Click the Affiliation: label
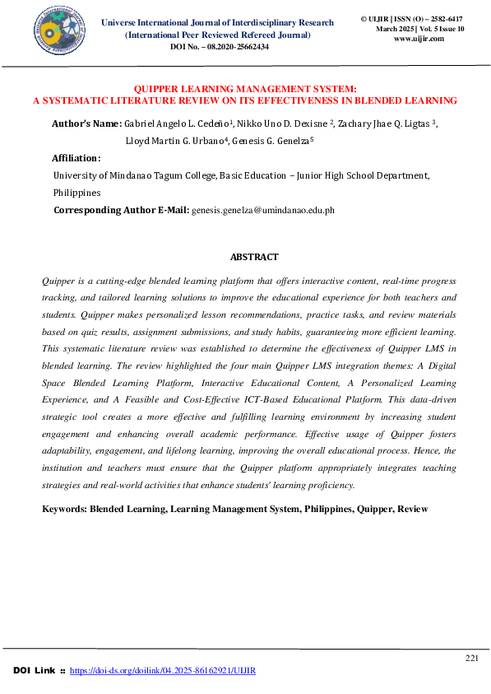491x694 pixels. (76, 158)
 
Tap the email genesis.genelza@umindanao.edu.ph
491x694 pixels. (262, 211)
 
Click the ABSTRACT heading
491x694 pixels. (254, 258)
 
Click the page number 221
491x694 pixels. (471, 658)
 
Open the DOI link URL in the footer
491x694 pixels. (163, 671)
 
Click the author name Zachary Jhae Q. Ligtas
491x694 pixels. (388, 123)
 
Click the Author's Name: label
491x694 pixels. (86, 123)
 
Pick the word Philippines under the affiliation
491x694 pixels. (76, 193)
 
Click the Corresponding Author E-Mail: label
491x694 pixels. (121, 211)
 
